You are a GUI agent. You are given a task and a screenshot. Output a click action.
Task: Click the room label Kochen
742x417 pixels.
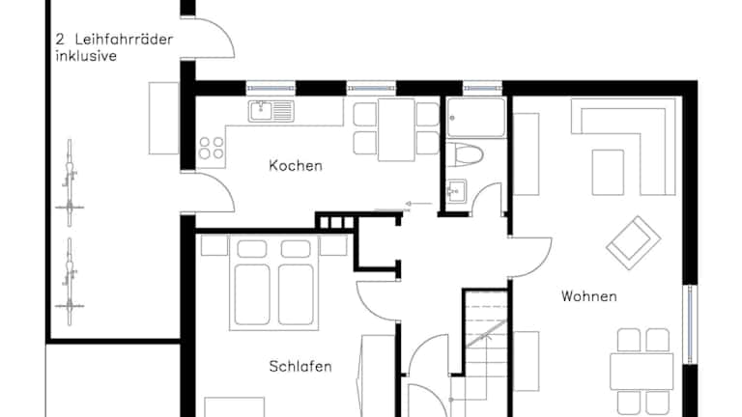click(296, 165)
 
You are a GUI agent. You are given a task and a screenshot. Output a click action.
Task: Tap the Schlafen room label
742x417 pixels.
click(300, 367)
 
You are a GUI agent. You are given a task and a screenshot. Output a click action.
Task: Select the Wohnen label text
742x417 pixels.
click(589, 296)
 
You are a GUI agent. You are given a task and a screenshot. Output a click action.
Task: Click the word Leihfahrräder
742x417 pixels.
click(124, 40)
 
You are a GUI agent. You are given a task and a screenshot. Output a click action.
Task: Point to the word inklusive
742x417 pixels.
click(86, 56)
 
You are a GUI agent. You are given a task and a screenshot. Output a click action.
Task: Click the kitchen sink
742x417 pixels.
click(271, 111)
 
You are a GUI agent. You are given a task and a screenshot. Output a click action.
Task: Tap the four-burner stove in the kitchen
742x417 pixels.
click(211, 148)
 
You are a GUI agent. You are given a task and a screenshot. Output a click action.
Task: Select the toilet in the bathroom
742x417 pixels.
click(465, 154)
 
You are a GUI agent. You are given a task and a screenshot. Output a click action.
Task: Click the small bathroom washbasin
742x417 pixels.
click(457, 190)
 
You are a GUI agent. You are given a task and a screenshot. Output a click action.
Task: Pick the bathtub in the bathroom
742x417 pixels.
click(476, 118)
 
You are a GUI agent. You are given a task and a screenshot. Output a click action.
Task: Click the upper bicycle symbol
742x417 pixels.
click(70, 182)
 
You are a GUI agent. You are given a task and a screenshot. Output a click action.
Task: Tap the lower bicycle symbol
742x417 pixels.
click(70, 282)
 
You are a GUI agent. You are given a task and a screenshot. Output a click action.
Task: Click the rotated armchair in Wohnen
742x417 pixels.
click(634, 243)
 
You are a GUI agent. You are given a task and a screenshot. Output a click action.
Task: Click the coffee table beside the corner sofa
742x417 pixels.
click(608, 172)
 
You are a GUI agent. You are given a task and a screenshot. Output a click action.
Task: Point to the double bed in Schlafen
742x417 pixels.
click(274, 283)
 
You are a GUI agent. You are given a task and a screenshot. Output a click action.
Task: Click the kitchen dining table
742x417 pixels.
click(396, 129)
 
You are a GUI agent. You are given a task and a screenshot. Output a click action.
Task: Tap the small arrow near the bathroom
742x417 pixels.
click(418, 204)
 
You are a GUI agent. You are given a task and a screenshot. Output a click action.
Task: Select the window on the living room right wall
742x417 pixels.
click(691, 324)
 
